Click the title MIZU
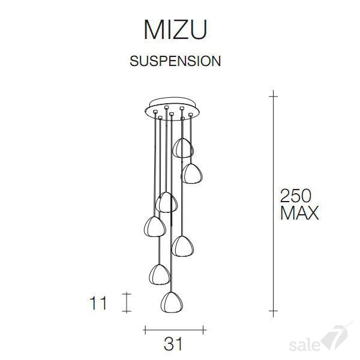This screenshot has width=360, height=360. pyautogui.click(x=175, y=30)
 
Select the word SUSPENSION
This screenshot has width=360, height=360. pyautogui.click(x=175, y=61)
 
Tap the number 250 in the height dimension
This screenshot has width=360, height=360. pyautogui.click(x=296, y=196)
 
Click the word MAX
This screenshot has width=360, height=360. pyautogui.click(x=299, y=213)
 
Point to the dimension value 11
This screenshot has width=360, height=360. pyautogui.click(x=98, y=303)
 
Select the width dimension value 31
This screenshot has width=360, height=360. pyautogui.click(x=173, y=344)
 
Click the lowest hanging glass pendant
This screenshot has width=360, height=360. pyautogui.click(x=172, y=302)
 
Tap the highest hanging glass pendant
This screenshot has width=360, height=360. pyautogui.click(x=183, y=148)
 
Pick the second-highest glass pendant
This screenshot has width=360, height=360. pyautogui.click(x=191, y=173)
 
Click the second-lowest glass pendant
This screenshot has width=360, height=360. pyautogui.click(x=160, y=275)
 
